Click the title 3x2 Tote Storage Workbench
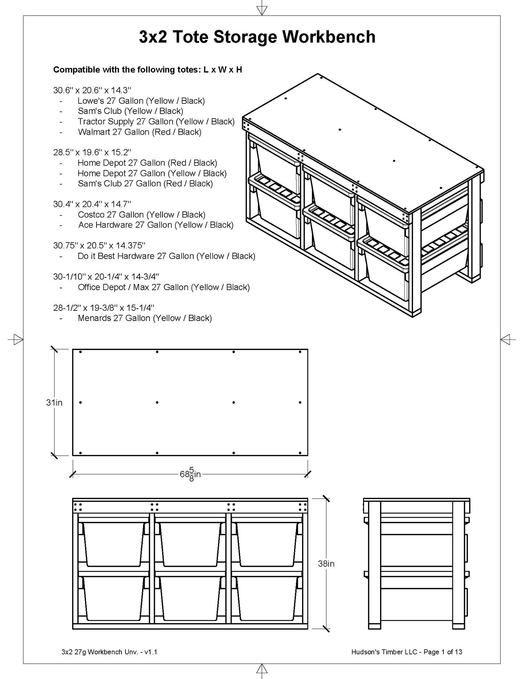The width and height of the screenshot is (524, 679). point(257,37)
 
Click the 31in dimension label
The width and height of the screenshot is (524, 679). point(54,402)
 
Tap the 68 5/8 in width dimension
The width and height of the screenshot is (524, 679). point(190,474)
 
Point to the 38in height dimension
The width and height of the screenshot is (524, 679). point(326,564)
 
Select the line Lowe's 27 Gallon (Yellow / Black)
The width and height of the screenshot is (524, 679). point(141,101)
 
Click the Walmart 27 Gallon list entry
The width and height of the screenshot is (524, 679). point(140,132)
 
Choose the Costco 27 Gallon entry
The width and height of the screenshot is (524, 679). point(141,215)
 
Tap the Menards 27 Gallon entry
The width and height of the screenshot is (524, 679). point(145,318)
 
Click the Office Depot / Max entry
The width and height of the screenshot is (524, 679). point(164,287)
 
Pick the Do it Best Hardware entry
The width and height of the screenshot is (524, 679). point(166,256)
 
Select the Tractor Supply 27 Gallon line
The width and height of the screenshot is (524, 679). point(156,122)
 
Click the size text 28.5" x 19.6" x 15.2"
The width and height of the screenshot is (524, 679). point(92,152)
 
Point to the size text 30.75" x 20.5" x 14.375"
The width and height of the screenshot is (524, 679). point(99,245)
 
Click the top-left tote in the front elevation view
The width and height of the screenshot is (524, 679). point(113,544)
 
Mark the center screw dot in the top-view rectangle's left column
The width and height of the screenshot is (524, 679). point(81,402)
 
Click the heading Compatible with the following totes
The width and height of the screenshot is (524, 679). point(148,70)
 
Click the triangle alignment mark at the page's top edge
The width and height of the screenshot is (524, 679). point(262,10)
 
